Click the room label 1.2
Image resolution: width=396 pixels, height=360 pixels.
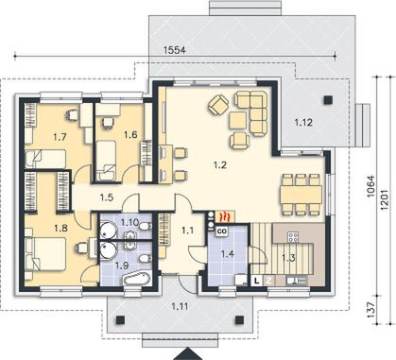click(220, 164)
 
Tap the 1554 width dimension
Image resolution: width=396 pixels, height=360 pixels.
click(175, 50)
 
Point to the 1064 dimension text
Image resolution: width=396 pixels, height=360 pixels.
click(372, 187)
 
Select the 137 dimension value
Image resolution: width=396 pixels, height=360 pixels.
click(372, 310)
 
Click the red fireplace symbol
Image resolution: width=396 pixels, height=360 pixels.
click(225, 216)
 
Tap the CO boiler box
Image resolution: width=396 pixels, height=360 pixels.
click(222, 231)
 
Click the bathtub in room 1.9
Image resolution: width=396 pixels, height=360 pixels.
click(137, 279)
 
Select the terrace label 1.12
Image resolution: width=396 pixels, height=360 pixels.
click(303, 123)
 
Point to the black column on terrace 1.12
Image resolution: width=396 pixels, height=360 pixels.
click(328, 99)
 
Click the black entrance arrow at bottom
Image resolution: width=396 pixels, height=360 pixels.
click(188, 354)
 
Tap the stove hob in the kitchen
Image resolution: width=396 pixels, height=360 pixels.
click(293, 236)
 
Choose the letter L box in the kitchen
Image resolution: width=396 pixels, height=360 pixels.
click(257, 281)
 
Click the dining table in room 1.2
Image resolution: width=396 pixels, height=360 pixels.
click(301, 194)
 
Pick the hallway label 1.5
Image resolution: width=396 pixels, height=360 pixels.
click(107, 197)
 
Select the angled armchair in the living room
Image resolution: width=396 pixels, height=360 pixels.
click(218, 105)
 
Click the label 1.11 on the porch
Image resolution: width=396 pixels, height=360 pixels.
click(180, 306)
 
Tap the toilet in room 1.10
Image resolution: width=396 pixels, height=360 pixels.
click(146, 226)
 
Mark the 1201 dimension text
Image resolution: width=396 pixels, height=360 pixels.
click(385, 200)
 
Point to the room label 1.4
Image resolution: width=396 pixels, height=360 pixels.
click(227, 253)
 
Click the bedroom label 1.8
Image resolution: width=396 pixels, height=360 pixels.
click(60, 228)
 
